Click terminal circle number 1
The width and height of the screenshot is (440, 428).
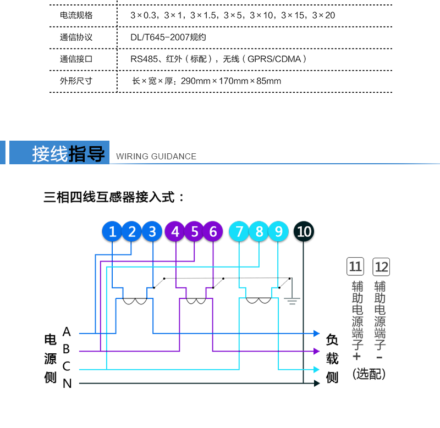pos(112,231)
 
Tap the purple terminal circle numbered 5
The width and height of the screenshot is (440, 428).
pos(195,231)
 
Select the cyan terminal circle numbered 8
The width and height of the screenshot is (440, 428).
pos(258,231)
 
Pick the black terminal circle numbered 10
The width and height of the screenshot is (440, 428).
pos(304,231)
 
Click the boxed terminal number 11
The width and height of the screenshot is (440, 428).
pos(355,266)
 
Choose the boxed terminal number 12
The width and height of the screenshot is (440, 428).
pos(381,266)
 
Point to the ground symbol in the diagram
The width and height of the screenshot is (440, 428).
pos(292,301)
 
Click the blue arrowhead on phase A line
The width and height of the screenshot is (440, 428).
pos(317,333)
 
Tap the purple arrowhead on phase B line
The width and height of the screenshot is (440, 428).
pos(317,351)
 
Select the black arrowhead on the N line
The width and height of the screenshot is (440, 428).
pos(317,383)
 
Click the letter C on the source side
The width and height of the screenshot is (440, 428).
pos(66,366)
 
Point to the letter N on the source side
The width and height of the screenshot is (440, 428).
pos(67,383)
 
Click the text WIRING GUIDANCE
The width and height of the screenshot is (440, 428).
pos(156,157)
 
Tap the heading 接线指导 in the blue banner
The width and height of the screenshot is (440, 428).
pos(68,154)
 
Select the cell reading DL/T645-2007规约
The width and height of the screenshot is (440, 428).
pos(168,37)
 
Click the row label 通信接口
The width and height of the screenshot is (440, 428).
pos(76,59)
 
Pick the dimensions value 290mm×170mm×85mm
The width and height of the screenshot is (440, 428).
pos(230,81)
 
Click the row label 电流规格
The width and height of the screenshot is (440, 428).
pos(76,15)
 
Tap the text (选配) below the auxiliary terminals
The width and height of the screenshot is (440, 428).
pos(369,374)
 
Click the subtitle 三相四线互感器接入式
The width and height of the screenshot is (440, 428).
pos(109,197)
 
